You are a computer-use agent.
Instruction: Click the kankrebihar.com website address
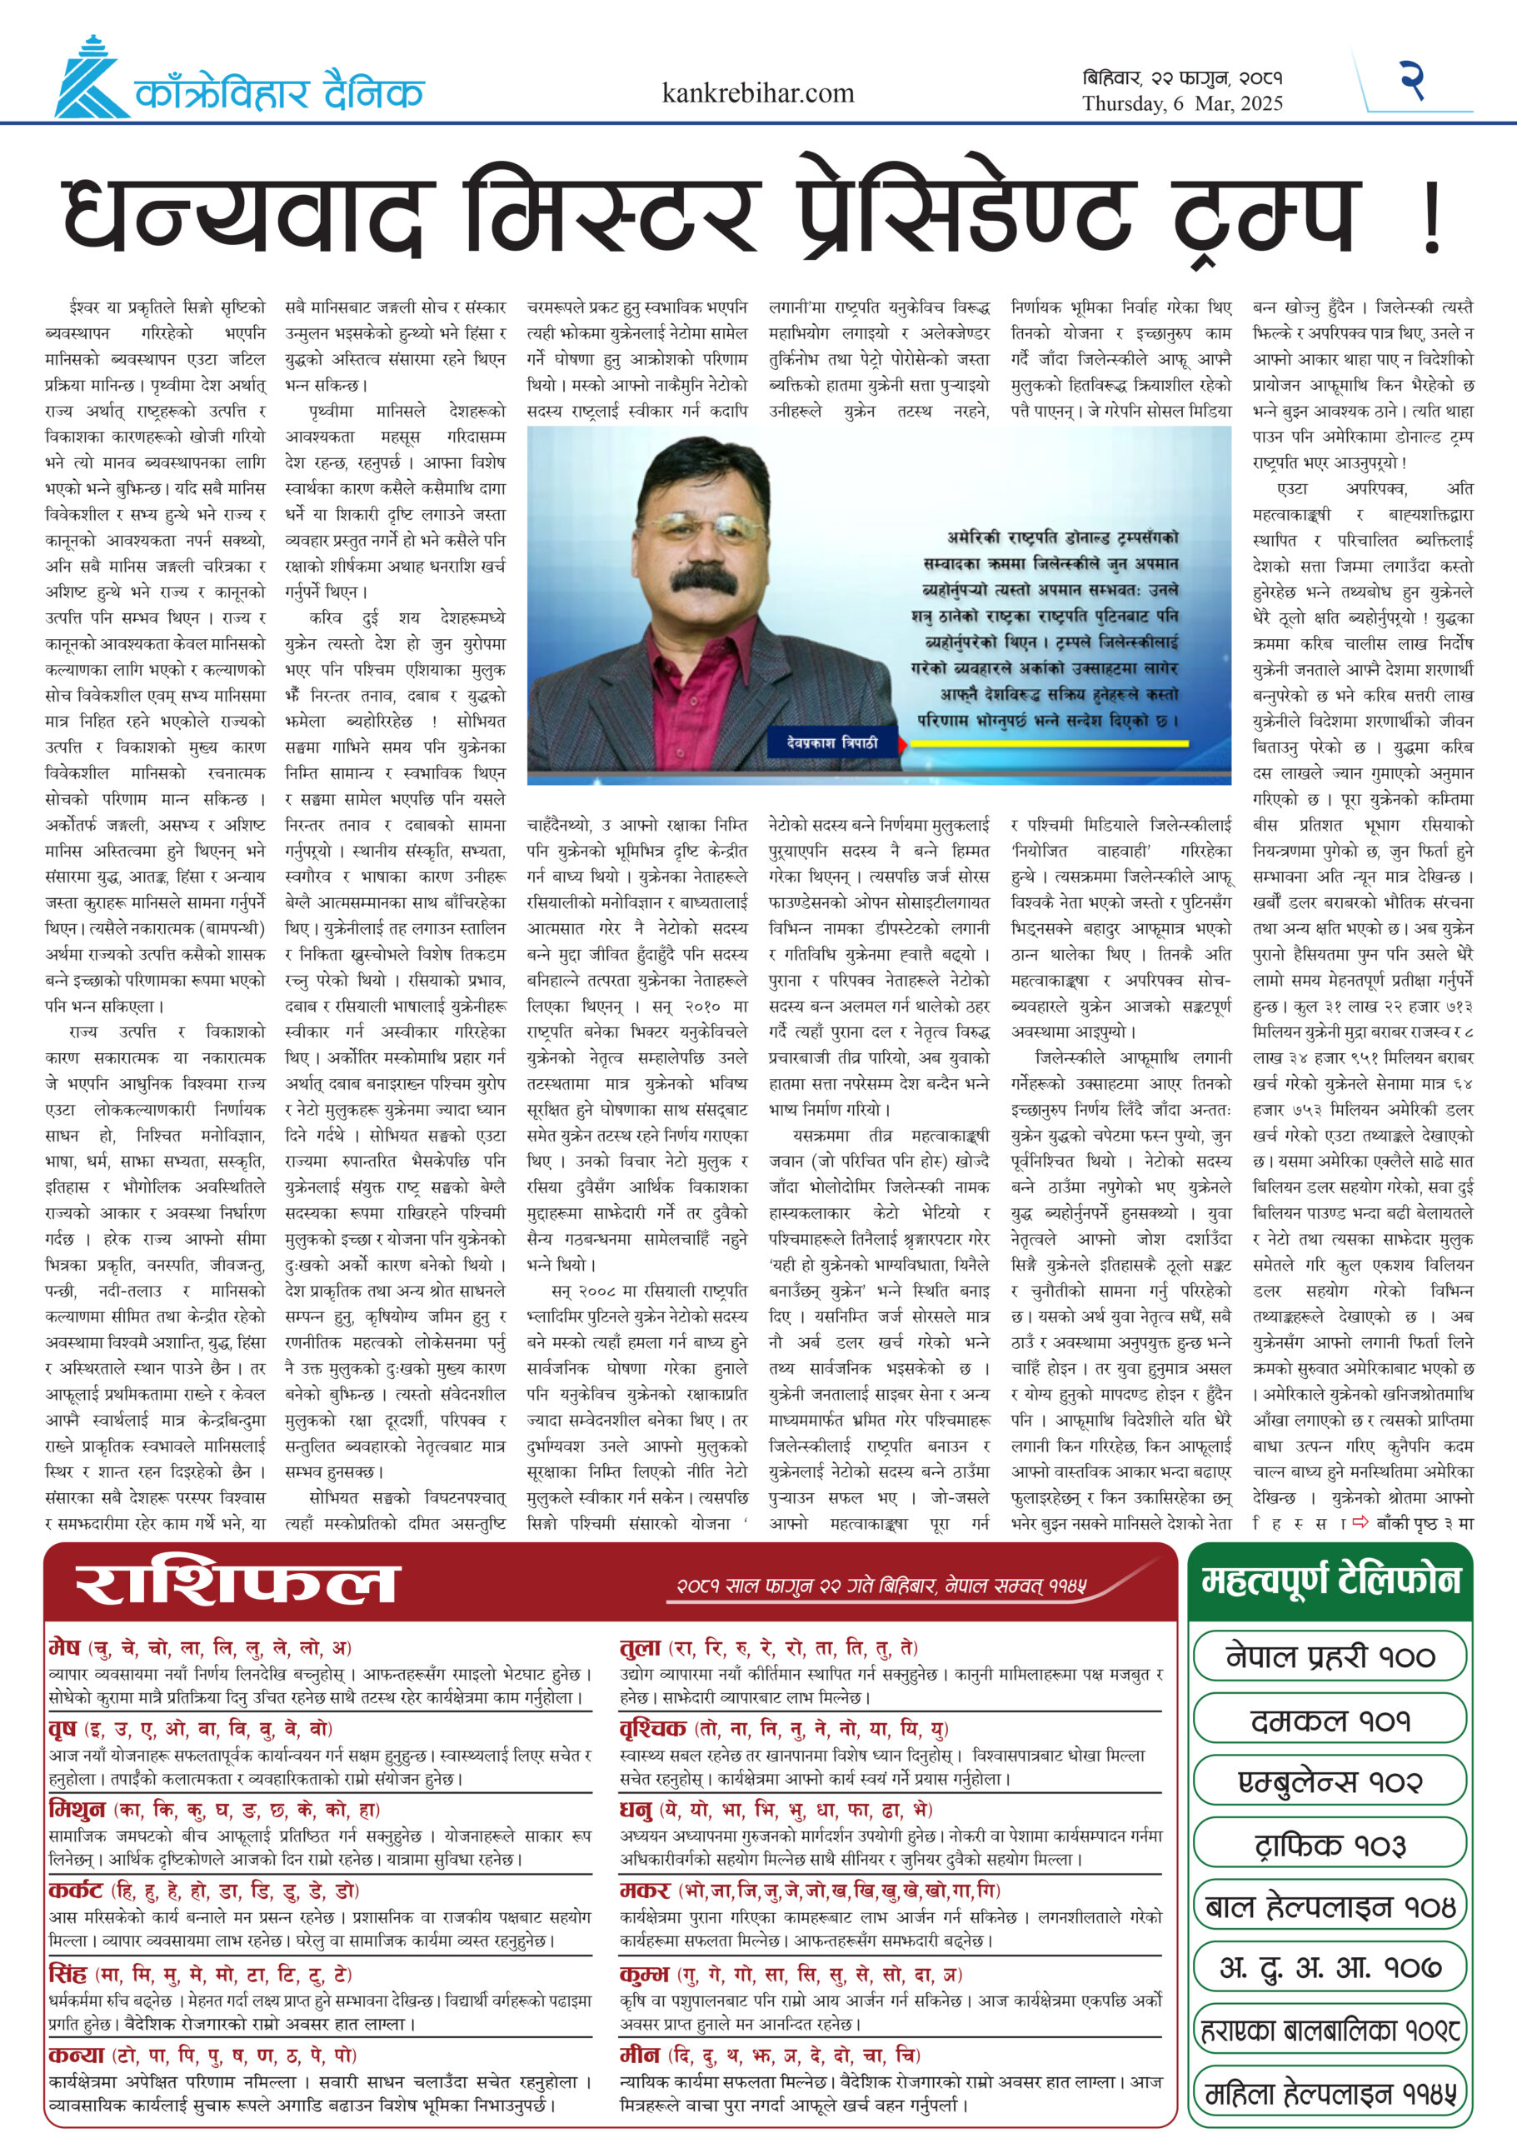pyautogui.click(x=757, y=93)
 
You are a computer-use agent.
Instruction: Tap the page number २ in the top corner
pyautogui.click(x=1411, y=80)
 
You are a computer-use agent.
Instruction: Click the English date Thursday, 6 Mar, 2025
pyautogui.click(x=1183, y=103)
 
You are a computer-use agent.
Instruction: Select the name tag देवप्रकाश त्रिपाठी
pyautogui.click(x=832, y=742)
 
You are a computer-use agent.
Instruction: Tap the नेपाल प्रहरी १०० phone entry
pyautogui.click(x=1330, y=1657)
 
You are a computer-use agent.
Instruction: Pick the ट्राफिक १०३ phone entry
pyautogui.click(x=1330, y=1846)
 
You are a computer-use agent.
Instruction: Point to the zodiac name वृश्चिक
pyautogui.click(x=653, y=1727)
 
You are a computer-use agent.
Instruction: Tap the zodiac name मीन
pyautogui.click(x=640, y=2056)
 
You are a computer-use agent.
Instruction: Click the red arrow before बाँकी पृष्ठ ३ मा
pyautogui.click(x=1361, y=1522)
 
